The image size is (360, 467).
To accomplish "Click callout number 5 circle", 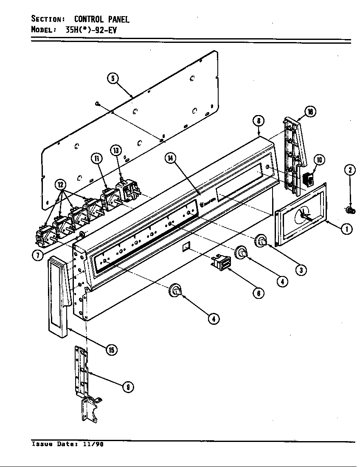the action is click(112, 79).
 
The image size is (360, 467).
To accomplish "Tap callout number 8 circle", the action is click(259, 121).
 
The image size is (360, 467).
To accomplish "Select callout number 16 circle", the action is click(310, 112).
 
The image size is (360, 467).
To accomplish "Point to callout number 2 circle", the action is click(349, 170).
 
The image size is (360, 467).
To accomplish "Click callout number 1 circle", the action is click(347, 229).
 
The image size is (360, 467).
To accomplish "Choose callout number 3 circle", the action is click(301, 270).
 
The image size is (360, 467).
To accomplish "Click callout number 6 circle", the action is click(258, 293).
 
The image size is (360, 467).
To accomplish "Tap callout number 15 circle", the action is click(112, 349).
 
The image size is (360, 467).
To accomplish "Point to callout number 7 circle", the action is click(38, 255).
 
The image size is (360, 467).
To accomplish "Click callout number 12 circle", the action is click(61, 185).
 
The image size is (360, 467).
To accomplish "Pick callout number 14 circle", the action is click(170, 158).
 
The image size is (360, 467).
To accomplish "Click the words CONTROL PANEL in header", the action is click(102, 19).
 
